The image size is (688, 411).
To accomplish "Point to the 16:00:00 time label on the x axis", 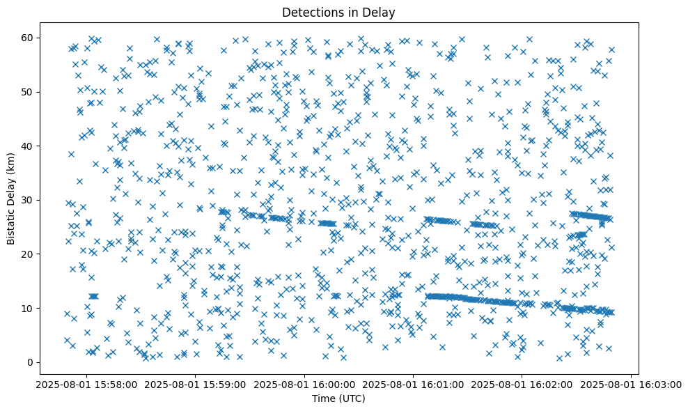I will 304,384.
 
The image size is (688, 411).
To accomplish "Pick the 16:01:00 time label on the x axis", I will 414,384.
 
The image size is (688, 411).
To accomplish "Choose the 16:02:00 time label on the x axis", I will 522,384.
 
